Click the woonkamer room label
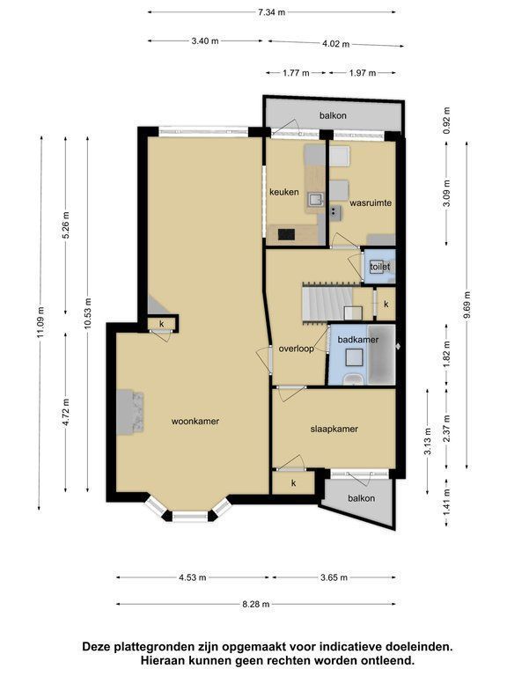click(x=195, y=422)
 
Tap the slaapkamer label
click(x=334, y=429)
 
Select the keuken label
click(x=284, y=192)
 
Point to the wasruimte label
click(x=371, y=202)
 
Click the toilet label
click(x=380, y=267)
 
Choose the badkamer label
click(x=358, y=340)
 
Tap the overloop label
click(x=296, y=349)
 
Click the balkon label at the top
click(x=333, y=115)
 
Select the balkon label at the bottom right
click(x=361, y=498)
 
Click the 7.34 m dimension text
click(x=272, y=12)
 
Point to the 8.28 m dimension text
click(x=255, y=605)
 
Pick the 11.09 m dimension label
click(x=40, y=322)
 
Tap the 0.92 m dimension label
click(x=446, y=121)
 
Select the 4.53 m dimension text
click(x=193, y=577)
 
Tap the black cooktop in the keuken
click(x=286, y=234)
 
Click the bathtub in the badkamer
click(x=381, y=355)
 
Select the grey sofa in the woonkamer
click(x=129, y=412)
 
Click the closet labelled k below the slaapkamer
click(x=294, y=483)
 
